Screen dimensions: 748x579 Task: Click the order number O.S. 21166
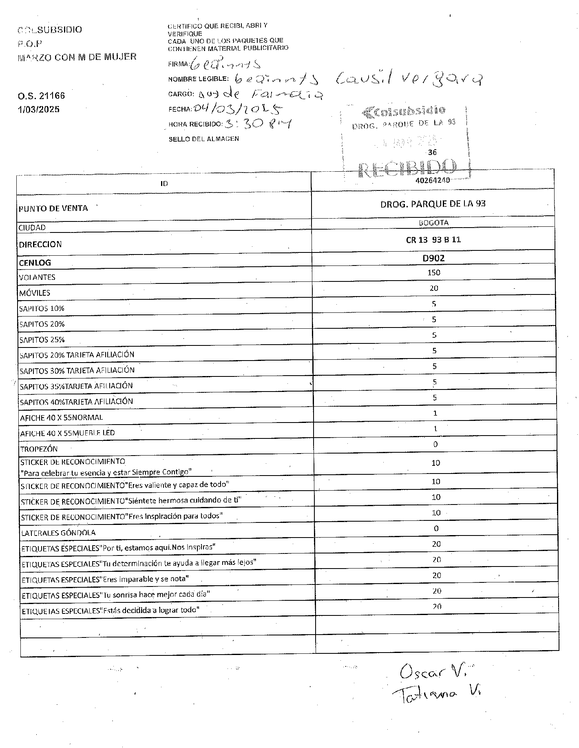pos(41,96)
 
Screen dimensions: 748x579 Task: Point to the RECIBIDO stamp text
pos(407,168)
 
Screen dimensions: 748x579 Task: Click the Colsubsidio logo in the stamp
pos(404,110)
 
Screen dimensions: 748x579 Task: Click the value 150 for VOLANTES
pos(434,272)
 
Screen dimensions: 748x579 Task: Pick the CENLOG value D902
pos(433,258)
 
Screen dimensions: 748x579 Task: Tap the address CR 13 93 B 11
pos(433,240)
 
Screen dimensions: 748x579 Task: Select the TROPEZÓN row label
pos(39,449)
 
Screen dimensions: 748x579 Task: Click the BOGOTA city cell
pos(433,223)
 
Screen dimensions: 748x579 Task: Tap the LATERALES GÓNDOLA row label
pos(58,533)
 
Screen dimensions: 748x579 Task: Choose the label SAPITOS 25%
pos(42,340)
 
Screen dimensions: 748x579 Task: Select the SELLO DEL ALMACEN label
pos(204,139)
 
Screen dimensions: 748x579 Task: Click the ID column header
pos(164,184)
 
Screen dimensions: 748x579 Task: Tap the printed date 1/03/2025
pos(39,109)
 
